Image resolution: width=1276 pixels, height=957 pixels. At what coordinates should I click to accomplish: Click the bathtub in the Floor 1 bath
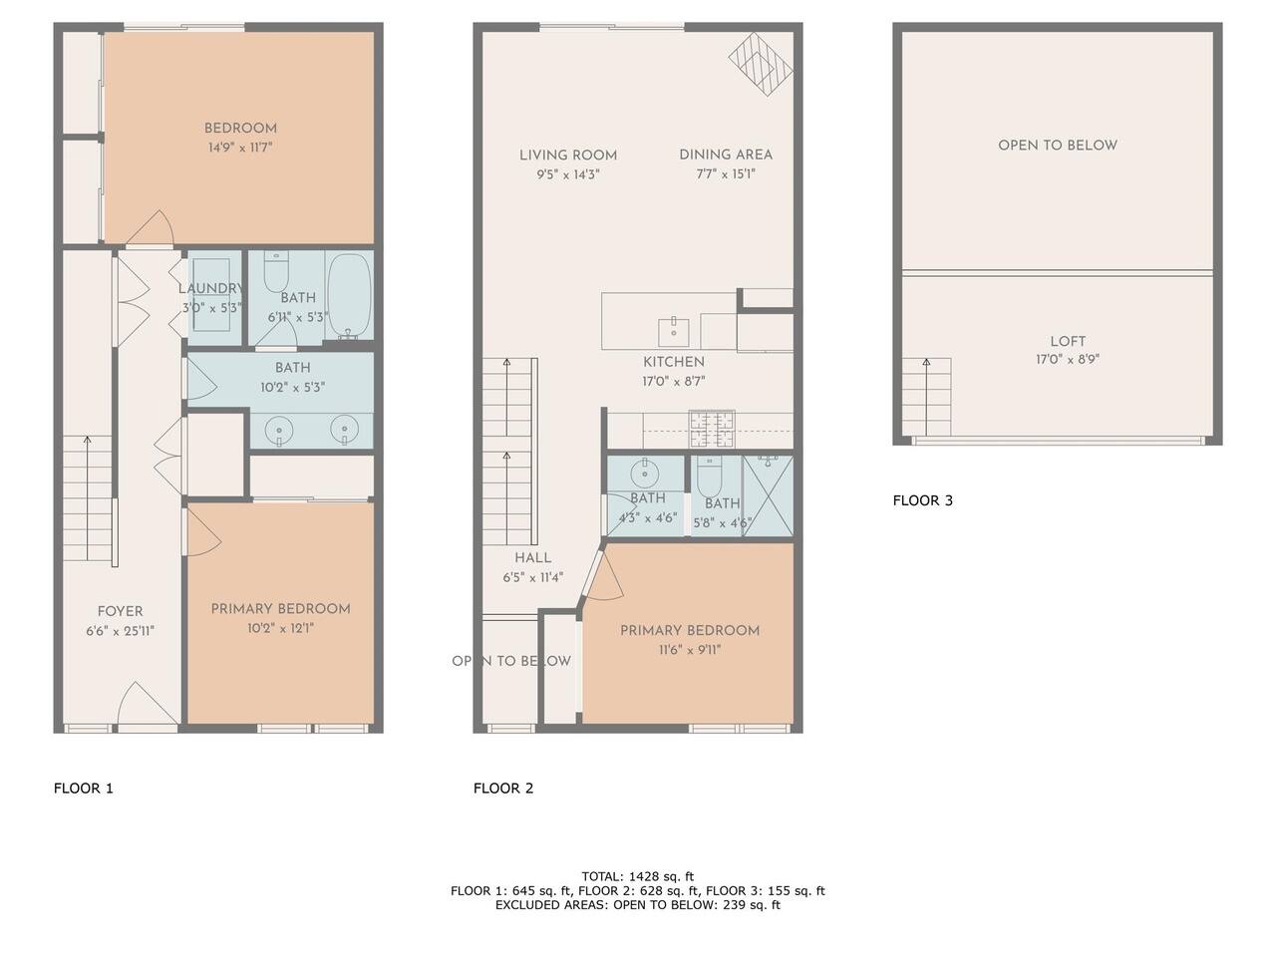(x=349, y=295)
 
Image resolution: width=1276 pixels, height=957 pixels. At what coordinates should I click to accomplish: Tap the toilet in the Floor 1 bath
(x=276, y=271)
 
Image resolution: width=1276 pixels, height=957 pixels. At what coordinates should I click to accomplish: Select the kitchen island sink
(x=673, y=332)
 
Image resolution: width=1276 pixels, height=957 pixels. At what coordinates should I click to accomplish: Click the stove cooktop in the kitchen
(x=712, y=429)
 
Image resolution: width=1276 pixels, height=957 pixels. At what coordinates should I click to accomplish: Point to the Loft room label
(x=1068, y=341)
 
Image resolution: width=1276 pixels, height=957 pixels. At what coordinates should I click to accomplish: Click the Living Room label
(x=568, y=156)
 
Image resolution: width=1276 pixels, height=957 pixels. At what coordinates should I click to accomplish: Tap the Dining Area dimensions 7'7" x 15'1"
(x=726, y=173)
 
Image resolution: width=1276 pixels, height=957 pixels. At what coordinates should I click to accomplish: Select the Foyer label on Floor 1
(x=120, y=611)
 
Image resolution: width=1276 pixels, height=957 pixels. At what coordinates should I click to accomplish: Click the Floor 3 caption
(x=922, y=500)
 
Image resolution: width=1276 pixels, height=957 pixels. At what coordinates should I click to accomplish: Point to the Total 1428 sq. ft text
(x=638, y=876)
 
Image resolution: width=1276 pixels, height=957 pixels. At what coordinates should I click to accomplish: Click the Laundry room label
(x=210, y=288)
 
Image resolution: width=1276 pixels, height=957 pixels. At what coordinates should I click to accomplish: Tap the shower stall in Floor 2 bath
(x=768, y=495)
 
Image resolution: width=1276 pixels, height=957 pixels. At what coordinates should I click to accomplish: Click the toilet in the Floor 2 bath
(x=709, y=475)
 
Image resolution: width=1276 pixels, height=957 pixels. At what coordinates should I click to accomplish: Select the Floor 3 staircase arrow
(x=926, y=397)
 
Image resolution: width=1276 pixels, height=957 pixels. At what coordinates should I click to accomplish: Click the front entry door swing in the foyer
(x=148, y=703)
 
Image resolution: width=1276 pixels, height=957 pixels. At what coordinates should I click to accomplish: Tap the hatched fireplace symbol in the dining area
(x=761, y=65)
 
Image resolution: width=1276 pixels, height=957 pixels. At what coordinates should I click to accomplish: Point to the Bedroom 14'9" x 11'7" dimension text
(x=240, y=147)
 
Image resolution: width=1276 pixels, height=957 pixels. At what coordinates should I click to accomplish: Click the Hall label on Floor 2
(x=532, y=558)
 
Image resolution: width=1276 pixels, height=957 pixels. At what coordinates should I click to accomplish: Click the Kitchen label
(x=674, y=362)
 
